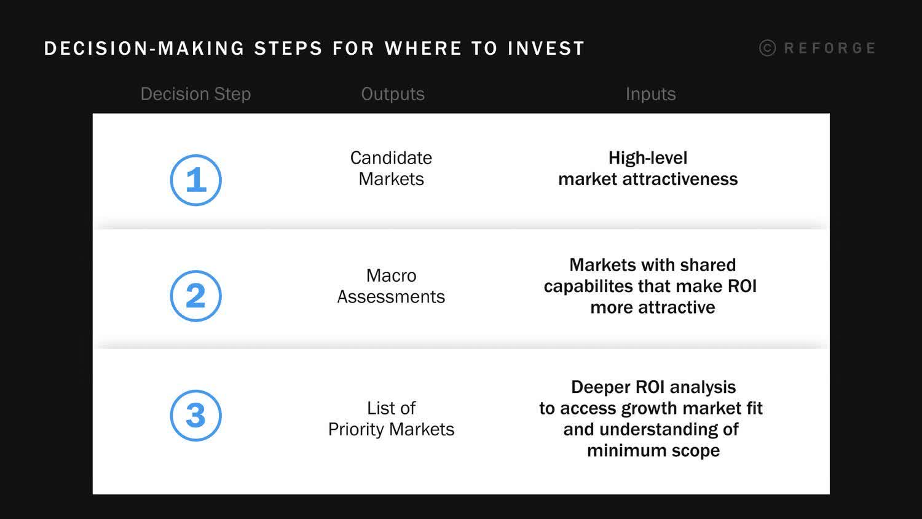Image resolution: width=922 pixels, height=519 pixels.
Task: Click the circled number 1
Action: click(x=195, y=180)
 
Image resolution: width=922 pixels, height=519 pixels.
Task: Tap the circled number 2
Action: click(x=195, y=296)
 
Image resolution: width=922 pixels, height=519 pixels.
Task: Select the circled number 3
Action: click(x=195, y=416)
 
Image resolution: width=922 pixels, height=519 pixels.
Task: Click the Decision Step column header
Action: click(x=195, y=94)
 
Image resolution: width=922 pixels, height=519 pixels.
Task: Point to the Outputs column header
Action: click(x=393, y=94)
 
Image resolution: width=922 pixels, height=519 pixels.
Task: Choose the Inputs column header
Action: click(x=650, y=94)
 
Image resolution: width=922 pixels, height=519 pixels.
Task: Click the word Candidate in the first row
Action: click(x=391, y=158)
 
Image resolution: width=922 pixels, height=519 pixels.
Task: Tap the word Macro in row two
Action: click(x=391, y=275)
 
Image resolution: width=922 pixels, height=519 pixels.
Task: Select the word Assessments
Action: click(x=391, y=297)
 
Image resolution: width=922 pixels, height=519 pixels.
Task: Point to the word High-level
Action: click(x=648, y=158)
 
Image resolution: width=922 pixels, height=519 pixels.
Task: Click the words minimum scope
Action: click(x=653, y=451)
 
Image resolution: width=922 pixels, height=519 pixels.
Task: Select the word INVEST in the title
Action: click(x=546, y=49)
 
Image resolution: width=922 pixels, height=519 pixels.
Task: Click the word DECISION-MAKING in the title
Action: click(x=144, y=49)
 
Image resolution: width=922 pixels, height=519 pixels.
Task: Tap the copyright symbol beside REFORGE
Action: click(x=767, y=48)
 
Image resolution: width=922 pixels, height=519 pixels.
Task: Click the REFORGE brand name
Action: click(x=829, y=48)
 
